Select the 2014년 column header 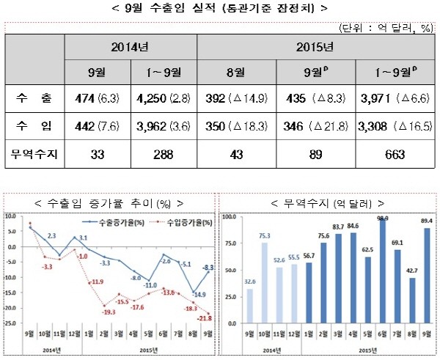click(130, 47)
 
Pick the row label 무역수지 click(34, 155)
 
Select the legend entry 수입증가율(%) click(178, 221)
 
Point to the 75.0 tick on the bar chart click(230, 244)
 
